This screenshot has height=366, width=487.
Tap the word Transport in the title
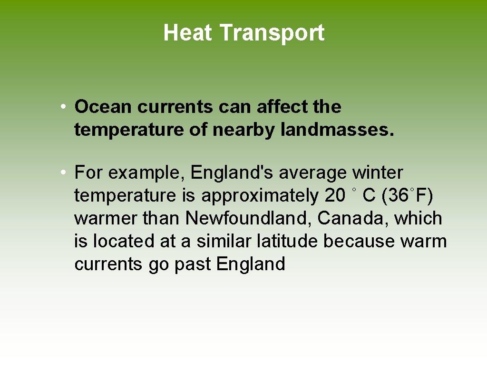[272, 33]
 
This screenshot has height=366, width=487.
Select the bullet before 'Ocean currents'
[63, 107]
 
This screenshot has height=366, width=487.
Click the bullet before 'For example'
[63, 173]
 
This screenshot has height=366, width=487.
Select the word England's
[232, 173]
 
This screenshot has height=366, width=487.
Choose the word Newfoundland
[249, 218]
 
